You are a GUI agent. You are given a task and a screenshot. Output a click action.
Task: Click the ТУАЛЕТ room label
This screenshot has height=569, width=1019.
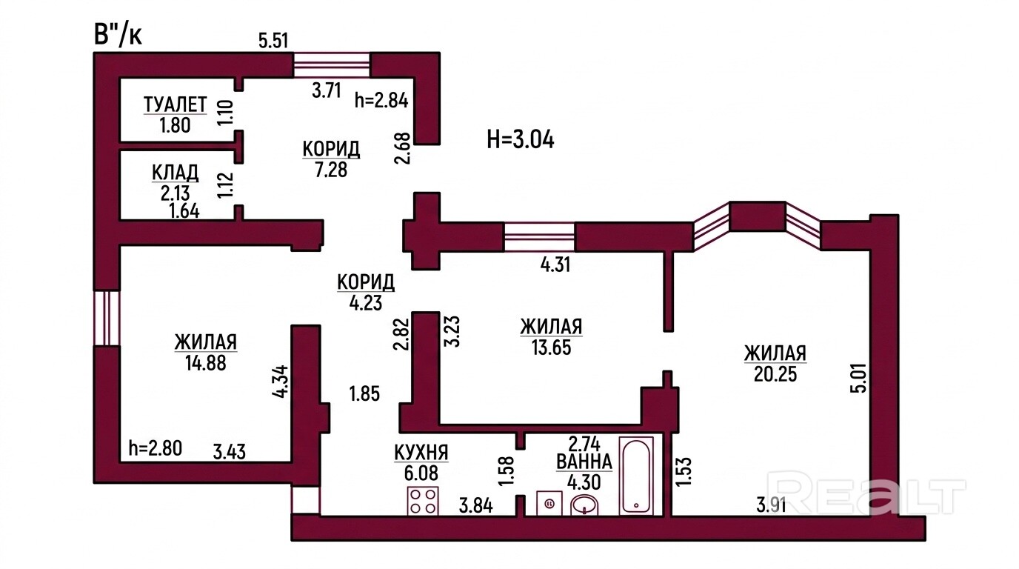[x=175, y=104]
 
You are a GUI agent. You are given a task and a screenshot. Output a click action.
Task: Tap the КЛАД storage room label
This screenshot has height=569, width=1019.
[x=175, y=173]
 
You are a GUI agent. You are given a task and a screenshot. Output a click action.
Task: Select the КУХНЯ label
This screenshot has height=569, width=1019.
[x=421, y=453]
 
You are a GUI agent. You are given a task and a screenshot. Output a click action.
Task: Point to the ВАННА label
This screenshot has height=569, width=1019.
[x=584, y=462]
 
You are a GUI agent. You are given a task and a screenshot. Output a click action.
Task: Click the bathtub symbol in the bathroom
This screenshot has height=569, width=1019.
[x=636, y=476]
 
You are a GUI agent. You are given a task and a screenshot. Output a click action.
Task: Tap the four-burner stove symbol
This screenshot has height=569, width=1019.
[x=423, y=501]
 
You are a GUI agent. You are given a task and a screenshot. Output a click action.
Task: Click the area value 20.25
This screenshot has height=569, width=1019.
[x=775, y=374]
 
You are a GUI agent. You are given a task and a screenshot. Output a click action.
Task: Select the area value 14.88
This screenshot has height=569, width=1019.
[x=206, y=363]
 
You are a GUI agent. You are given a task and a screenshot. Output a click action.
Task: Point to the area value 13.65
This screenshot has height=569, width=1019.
[x=551, y=347]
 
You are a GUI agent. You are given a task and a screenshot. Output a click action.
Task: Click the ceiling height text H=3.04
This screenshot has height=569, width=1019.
[x=521, y=140]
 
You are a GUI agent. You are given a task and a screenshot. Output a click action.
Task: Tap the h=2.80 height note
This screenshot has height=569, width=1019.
[x=155, y=448]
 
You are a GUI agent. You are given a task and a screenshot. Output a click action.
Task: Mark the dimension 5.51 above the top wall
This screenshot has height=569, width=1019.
[x=273, y=41]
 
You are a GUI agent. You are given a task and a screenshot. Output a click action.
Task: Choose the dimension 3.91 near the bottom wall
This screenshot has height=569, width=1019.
[x=772, y=505]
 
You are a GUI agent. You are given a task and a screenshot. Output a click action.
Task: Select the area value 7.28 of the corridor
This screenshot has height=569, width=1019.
[x=331, y=170]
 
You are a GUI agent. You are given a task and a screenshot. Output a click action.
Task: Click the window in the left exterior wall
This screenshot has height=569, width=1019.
[x=107, y=318]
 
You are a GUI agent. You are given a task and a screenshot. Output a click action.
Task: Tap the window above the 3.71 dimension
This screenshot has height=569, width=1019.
[x=331, y=65]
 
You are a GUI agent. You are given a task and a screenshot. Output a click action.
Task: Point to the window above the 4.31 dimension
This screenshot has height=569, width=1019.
[x=539, y=236]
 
